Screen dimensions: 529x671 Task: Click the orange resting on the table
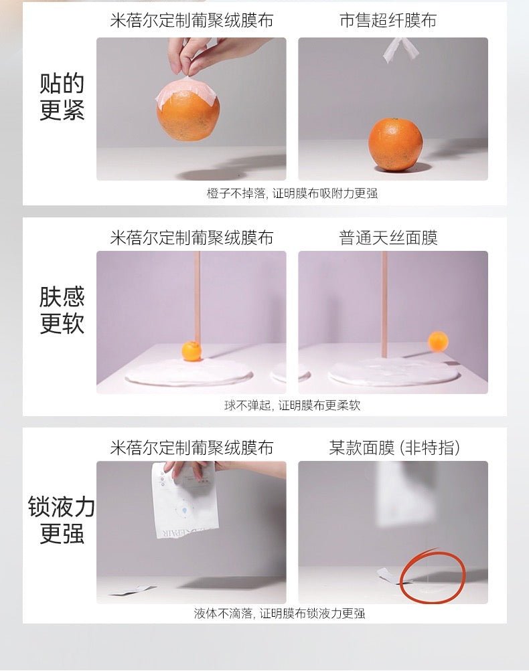tap(395, 145)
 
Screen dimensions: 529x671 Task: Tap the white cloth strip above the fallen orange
tap(400, 50)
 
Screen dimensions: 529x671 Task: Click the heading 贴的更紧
tap(62, 97)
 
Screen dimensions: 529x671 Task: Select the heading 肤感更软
tap(62, 310)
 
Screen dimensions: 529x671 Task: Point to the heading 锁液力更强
tap(61, 520)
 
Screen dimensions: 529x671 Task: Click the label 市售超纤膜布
tap(388, 20)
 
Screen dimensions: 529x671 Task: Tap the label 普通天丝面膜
tap(388, 237)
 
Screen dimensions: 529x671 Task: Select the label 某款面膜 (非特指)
tap(394, 448)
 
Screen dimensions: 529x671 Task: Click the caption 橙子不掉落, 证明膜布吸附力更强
tap(292, 193)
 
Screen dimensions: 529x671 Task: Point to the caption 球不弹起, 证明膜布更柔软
tap(292, 405)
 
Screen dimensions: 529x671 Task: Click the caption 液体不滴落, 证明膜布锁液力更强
tap(279, 613)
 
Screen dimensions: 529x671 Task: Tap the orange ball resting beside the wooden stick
tap(192, 351)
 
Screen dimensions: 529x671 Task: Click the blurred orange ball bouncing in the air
tap(438, 341)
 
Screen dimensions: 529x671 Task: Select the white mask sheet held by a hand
tap(185, 499)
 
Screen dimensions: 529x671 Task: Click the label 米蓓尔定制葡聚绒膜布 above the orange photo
tap(192, 20)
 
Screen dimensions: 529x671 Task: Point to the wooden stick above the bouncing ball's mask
tap(384, 304)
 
